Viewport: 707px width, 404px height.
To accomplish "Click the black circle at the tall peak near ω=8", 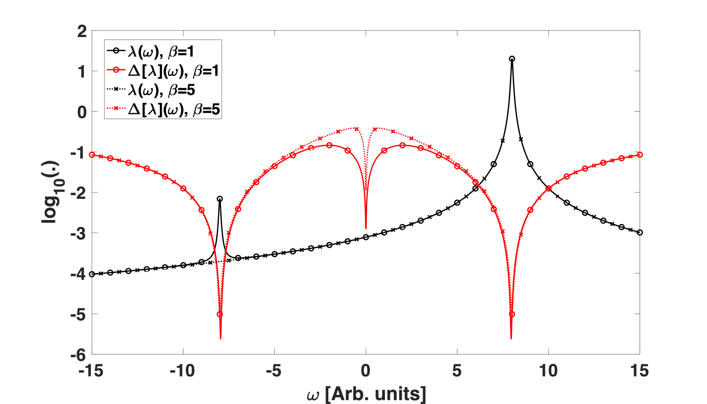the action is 512,59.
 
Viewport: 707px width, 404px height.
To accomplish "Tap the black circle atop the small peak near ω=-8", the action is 220,199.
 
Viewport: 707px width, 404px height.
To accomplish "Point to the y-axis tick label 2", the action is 82,31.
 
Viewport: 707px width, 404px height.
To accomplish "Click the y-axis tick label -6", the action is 78,355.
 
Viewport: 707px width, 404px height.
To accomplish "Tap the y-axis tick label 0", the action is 82,112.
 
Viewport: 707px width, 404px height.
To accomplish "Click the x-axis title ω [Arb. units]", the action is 366,394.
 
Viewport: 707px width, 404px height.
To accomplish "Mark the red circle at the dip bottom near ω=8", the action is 512,314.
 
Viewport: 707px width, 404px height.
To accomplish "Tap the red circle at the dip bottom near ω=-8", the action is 220,314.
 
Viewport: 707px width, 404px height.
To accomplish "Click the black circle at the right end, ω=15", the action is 640,232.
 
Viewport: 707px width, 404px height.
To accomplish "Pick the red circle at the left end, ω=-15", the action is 92,155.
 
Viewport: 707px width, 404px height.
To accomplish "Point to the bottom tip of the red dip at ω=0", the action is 366,228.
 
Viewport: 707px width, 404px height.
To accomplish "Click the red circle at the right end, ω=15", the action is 640,155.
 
